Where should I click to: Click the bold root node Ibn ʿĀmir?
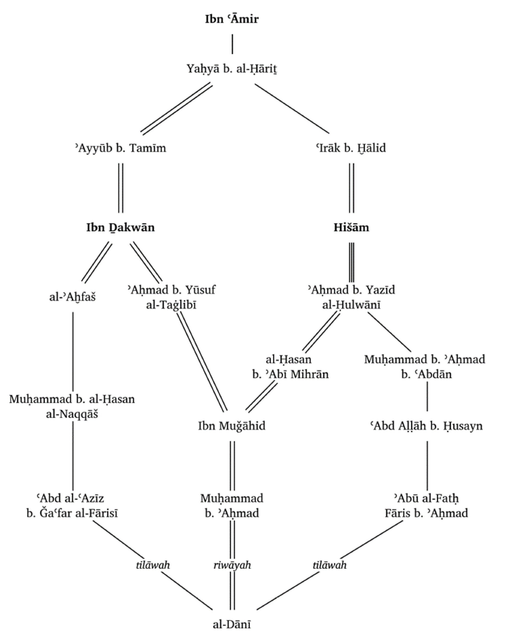[232, 19]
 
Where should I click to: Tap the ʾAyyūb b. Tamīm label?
[120, 148]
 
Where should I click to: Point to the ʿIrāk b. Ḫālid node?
[351, 148]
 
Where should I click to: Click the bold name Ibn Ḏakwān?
[120, 228]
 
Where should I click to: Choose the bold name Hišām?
[351, 228]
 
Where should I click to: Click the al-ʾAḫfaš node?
[72, 297]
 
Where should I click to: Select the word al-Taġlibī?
[171, 305]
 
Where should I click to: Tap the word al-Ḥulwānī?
[351, 305]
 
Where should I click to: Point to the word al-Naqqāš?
[72, 414]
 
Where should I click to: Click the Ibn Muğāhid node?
[232, 426]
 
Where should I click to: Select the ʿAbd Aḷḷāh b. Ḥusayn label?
[427, 426]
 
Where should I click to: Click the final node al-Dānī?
[232, 624]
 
